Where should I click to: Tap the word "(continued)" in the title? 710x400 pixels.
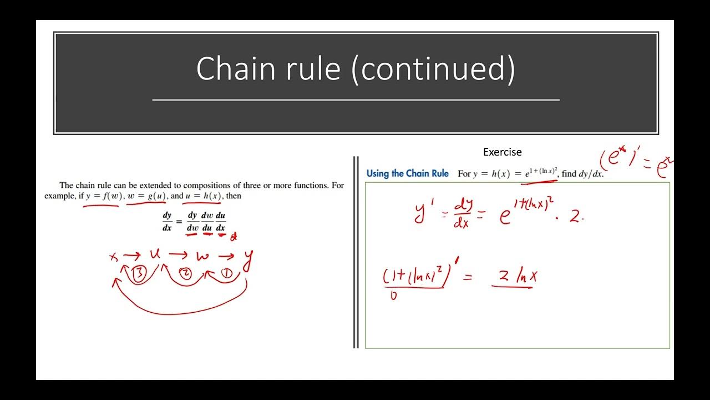point(433,69)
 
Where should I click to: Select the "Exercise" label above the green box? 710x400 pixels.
point(502,152)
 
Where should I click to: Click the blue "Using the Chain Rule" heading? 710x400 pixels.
point(407,173)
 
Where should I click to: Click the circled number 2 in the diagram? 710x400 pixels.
point(186,273)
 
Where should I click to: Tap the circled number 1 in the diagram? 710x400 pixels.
point(226,273)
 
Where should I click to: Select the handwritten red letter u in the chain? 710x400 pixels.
point(155,254)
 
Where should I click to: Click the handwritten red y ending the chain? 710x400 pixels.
point(248,258)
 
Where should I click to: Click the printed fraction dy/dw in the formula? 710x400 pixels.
point(192,221)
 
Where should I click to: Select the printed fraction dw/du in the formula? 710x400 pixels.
point(207,221)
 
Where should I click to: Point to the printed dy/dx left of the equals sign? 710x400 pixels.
point(167,221)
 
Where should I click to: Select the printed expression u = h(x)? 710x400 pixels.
point(202,196)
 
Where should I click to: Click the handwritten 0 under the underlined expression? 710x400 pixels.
point(393,296)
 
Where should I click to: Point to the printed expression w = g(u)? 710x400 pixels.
point(146,196)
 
